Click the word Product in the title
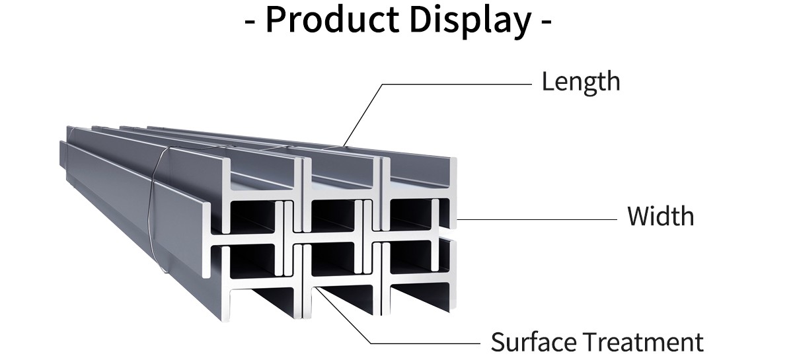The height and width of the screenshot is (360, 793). point(332,20)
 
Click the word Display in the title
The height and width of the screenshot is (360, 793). point(469,20)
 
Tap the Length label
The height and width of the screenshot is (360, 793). point(581,82)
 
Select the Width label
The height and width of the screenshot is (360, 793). point(660,217)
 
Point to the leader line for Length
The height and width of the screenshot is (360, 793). point(456,85)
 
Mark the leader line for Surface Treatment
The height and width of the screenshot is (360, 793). point(423,343)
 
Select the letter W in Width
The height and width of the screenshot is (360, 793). point(638,217)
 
